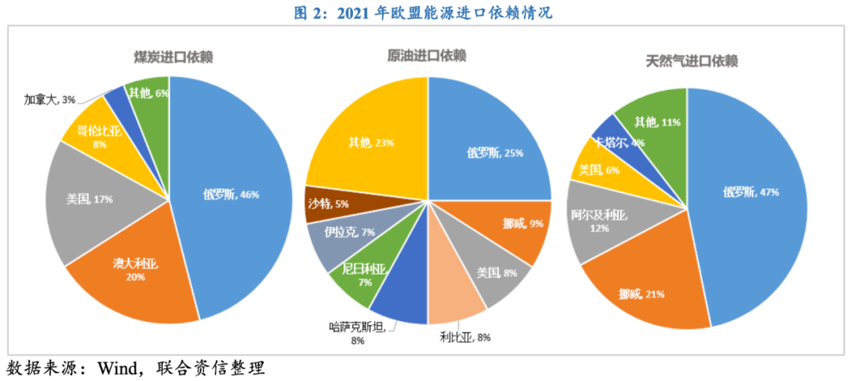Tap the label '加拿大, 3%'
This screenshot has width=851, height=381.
[x=49, y=99]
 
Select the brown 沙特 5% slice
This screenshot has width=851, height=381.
[x=324, y=203]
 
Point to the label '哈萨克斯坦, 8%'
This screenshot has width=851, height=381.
[x=358, y=332]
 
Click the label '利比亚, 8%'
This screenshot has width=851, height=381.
[x=465, y=337]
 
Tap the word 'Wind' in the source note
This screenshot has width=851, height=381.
[x=117, y=368]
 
